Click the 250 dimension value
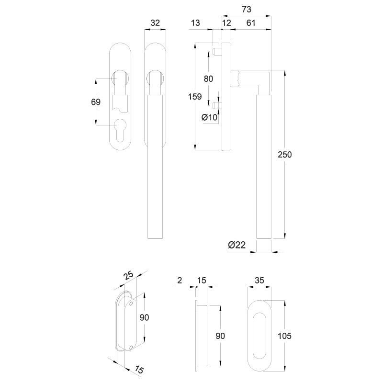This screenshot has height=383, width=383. tap(284, 155)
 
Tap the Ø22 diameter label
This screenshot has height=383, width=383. tap(237, 245)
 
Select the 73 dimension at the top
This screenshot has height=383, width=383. tap(247, 9)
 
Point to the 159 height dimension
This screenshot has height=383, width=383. tap(195, 97)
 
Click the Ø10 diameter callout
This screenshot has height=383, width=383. tap(209, 117)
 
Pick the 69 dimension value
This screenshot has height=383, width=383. tap(96, 102)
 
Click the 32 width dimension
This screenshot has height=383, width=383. tap(155, 23)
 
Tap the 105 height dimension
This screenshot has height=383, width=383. tap(284, 336)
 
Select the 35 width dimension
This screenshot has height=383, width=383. tap(259, 281)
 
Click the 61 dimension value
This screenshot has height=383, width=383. tap(250, 23)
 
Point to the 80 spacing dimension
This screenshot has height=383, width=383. tap(208, 79)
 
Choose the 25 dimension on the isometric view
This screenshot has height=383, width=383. tap(128, 276)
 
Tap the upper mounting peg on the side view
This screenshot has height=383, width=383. tap(217, 52)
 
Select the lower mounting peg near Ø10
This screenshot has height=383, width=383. tap(217, 105)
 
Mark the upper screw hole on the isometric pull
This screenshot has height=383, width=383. tap(131, 304)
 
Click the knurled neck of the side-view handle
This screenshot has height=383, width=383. tap(235, 78)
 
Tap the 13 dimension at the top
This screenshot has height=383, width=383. tap(195, 23)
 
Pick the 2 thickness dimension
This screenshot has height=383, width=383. tap(180, 281)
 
